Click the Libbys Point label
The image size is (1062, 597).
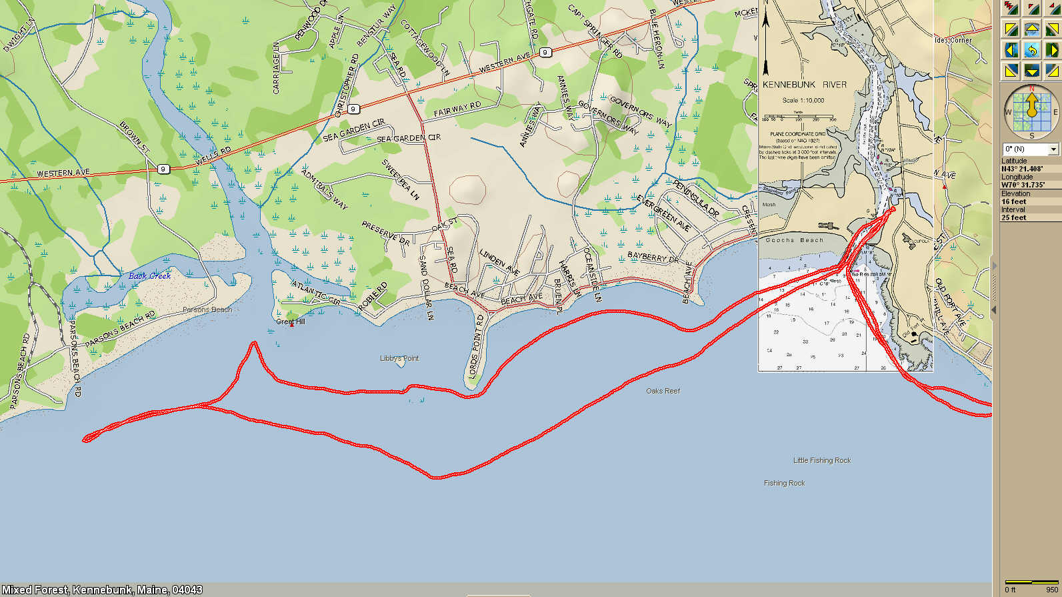point(399,359)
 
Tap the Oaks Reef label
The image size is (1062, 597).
point(663,391)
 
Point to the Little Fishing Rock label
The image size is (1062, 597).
point(821,460)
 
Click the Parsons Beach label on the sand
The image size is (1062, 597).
point(207,310)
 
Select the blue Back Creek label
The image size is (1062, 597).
point(149,275)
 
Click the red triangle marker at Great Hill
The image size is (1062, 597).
point(291,325)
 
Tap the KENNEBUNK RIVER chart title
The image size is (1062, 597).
point(804,85)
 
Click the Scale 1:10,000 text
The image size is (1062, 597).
point(803,100)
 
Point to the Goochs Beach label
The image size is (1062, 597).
point(794,240)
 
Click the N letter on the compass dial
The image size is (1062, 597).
point(1031,88)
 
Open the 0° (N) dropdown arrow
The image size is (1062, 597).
point(1053,149)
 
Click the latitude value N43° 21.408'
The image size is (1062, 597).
point(1021,169)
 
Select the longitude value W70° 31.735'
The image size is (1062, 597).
point(1023,185)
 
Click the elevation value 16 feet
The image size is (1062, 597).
point(1013,201)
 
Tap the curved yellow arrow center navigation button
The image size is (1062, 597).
point(1031,50)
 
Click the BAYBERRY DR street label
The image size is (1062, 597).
point(652,257)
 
